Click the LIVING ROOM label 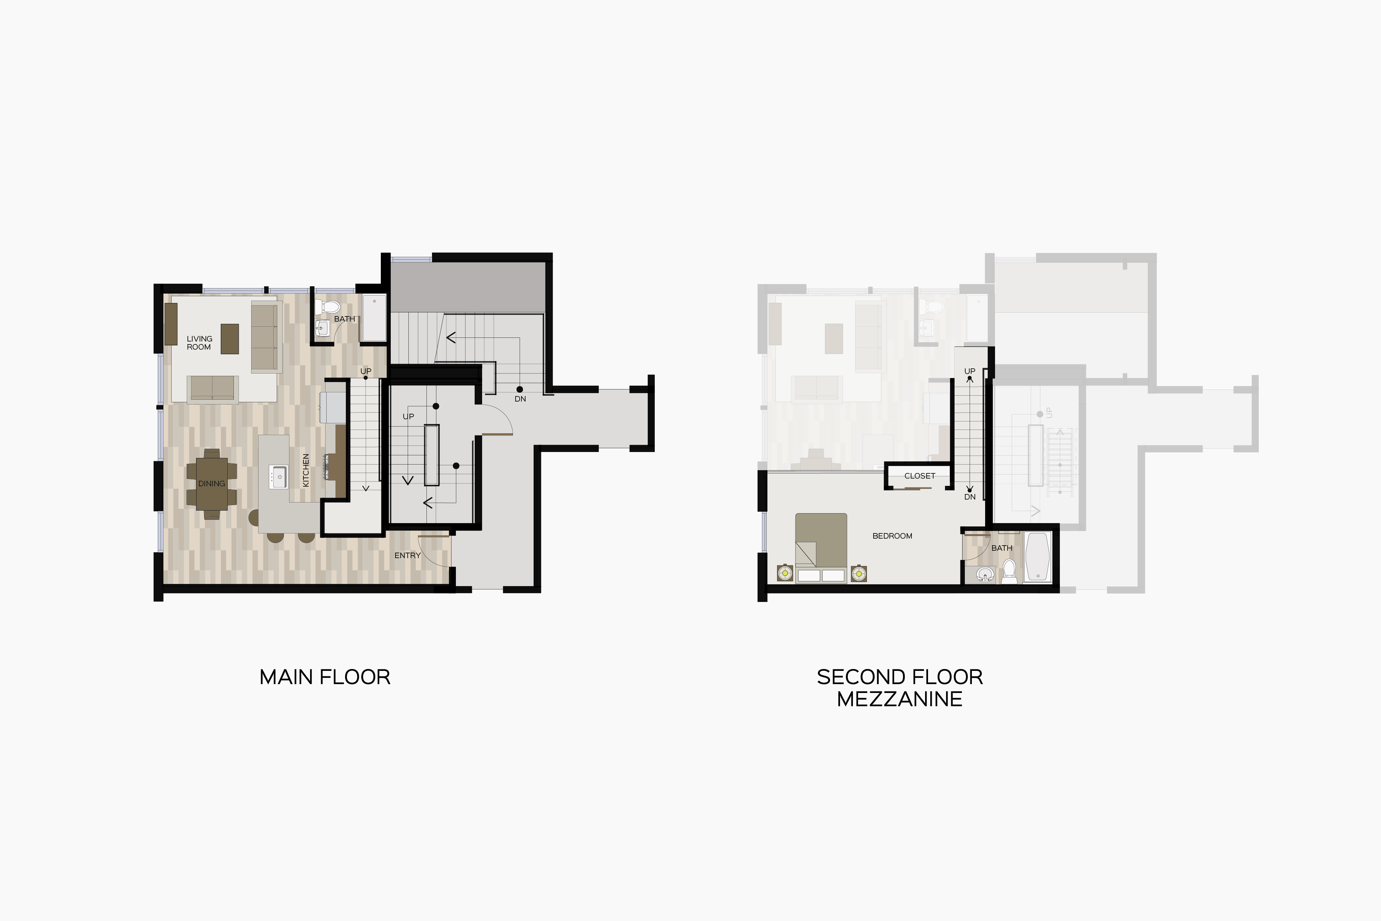(199, 343)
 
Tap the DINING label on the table (211, 483)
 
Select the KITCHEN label (305, 470)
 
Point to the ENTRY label (408, 555)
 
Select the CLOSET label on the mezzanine (920, 476)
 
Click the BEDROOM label (892, 536)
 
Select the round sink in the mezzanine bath (985, 574)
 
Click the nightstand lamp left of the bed (785, 573)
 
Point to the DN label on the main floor (520, 399)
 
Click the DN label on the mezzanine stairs (969, 497)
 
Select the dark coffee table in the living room (229, 339)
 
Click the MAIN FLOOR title (325, 677)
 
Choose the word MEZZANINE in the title (900, 699)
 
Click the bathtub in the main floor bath (374, 318)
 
